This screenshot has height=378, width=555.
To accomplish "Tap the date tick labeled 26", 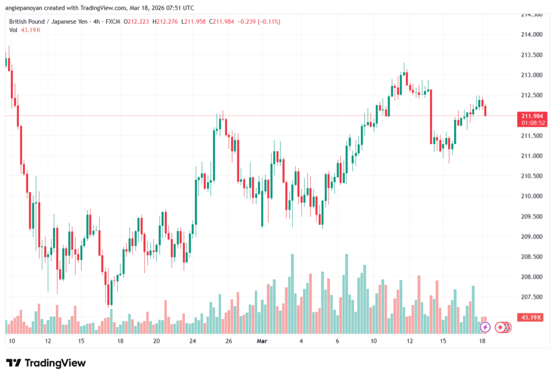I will click(229, 342).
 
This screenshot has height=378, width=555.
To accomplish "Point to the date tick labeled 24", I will click(192, 342).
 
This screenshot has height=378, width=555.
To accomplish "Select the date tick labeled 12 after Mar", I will click(410, 342).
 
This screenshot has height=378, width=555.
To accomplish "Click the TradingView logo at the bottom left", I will click(46, 363).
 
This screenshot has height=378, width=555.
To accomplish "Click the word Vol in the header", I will click(14, 30).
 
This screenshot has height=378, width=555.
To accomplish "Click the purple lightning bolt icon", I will click(485, 327).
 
